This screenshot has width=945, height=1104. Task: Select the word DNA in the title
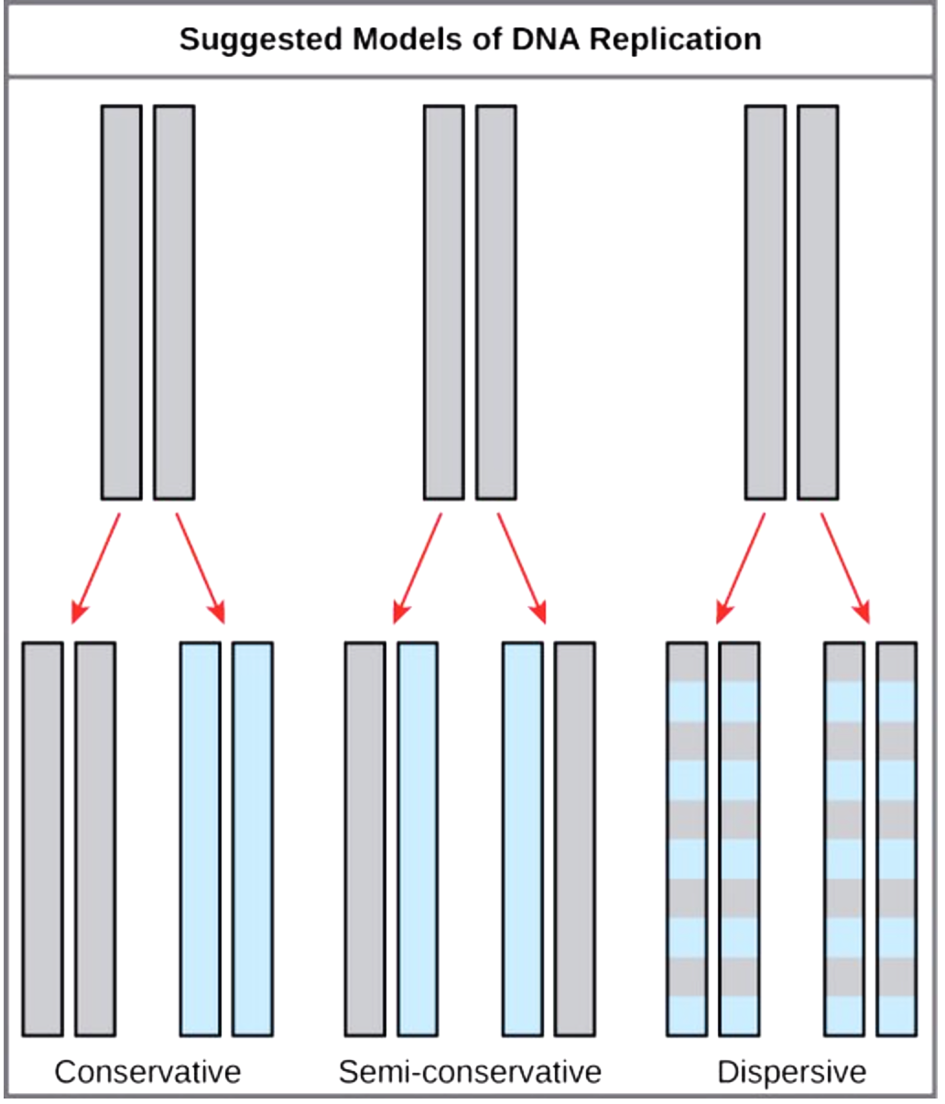click(548, 40)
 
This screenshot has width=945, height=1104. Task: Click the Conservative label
click(147, 1072)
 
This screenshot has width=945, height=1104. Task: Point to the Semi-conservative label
click(470, 1072)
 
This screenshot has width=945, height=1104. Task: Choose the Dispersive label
click(791, 1072)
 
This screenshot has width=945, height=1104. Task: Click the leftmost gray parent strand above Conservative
click(121, 302)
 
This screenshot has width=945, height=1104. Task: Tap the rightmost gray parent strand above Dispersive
click(817, 302)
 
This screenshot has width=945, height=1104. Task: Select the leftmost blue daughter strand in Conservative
click(201, 839)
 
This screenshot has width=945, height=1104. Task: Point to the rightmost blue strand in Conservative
click(252, 839)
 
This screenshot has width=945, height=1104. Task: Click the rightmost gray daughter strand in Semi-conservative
click(574, 839)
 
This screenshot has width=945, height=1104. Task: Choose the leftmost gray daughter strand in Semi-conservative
click(364, 839)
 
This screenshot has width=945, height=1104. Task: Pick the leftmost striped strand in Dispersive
click(687, 839)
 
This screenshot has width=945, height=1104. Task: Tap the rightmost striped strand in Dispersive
click(896, 839)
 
